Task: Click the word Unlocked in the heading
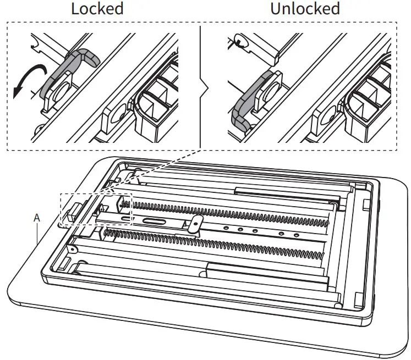[x=304, y=9]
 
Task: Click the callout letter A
[x=37, y=218]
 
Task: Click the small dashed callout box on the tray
[x=96, y=208]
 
